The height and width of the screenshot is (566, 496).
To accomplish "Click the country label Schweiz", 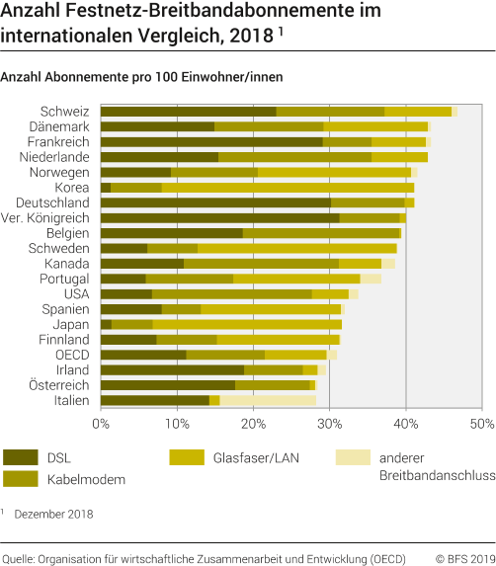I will pos(65,112).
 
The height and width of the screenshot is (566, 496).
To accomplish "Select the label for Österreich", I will pos(60,385).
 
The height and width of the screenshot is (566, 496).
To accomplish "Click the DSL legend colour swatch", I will pos(21,457).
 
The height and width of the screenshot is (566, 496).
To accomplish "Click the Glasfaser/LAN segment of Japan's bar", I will pos(247,324).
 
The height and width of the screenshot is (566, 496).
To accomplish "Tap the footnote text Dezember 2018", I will pos(53,513).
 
